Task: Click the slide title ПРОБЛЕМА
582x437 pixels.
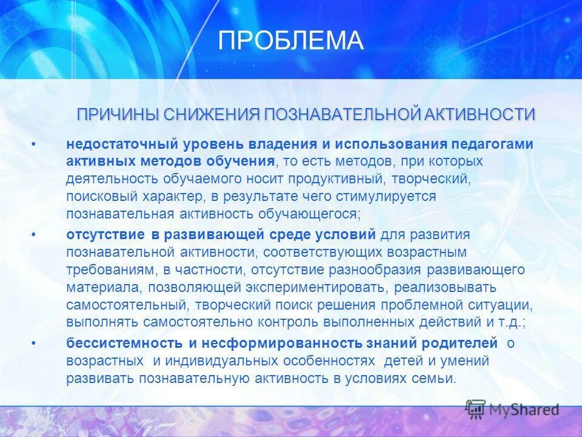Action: point(290,41)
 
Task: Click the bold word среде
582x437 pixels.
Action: point(292,234)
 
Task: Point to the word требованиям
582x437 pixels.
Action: point(107,269)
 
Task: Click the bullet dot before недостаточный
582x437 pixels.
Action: point(34,144)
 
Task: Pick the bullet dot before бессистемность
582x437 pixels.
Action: point(34,343)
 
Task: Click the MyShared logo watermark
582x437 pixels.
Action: point(512,409)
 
